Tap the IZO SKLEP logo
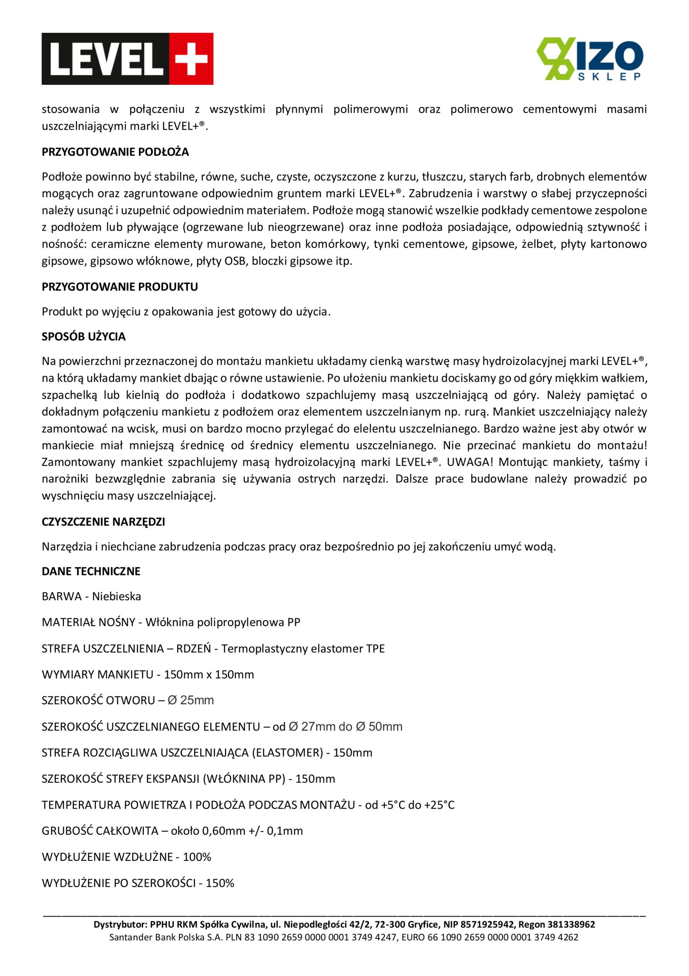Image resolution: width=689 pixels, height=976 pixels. coord(590,59)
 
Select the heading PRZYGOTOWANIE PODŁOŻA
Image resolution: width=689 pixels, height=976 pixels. coord(115,152)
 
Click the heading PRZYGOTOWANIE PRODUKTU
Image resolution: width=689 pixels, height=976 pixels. coord(120,287)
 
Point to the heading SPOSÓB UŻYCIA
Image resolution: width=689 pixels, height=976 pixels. coord(84,337)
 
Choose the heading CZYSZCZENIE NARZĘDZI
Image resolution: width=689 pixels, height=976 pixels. coord(103,522)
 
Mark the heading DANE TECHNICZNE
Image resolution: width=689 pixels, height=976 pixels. coord(91,571)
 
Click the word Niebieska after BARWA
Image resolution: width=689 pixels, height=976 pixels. coord(117,596)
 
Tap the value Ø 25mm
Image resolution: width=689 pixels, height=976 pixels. coord(191,700)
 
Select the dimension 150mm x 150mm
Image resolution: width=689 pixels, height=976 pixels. coord(209,674)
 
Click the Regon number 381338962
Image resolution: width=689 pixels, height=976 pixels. coord(571,925)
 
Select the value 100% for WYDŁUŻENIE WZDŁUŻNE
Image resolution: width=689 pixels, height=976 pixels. coord(197,857)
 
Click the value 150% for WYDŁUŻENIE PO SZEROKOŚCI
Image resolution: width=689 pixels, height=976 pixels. coord(220,883)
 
